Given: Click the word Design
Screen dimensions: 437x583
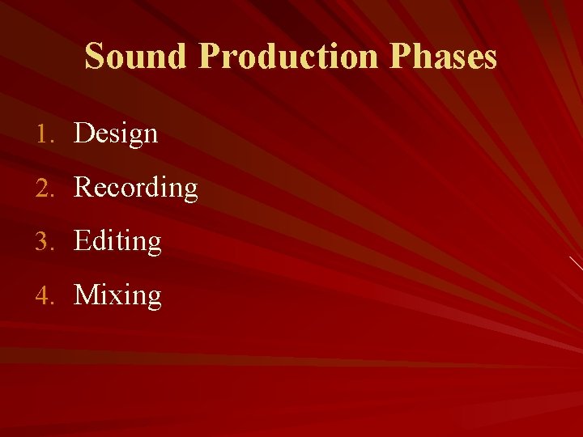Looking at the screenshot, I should point(116,134).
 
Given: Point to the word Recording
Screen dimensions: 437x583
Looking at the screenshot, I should point(136,188).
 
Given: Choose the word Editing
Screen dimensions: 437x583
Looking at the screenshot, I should point(117,241).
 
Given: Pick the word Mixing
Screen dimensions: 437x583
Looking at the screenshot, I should point(117,295).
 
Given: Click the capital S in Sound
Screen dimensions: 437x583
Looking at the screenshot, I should point(95,57).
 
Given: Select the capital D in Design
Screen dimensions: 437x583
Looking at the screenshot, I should point(83,134).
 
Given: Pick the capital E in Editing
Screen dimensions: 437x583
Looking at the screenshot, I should point(82,241).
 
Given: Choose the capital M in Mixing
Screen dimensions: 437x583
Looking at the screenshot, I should point(86,295).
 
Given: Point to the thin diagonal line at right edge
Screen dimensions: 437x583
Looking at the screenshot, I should point(576,262).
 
